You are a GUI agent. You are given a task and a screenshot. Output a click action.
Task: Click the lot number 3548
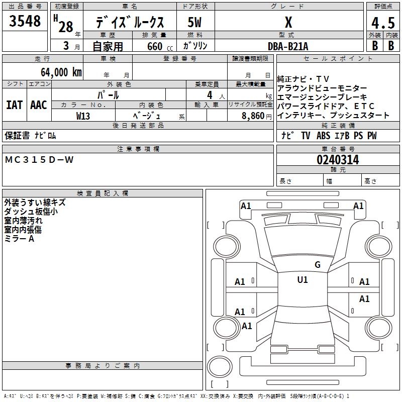[26, 22]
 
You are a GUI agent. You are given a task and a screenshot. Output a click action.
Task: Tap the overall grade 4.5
[381, 24]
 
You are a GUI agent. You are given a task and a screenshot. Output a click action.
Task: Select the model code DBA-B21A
[288, 46]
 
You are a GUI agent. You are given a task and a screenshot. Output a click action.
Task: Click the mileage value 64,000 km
[58, 72]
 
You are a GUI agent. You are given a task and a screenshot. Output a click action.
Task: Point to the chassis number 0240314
[338, 160]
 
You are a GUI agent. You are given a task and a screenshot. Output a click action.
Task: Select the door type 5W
[195, 23]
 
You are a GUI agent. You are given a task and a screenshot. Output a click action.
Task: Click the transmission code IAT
[14, 105]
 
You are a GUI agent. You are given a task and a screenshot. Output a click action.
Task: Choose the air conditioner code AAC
[39, 105]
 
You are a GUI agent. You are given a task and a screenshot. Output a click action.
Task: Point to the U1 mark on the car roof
[303, 280]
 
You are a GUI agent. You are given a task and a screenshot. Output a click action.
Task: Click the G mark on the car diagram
[318, 264]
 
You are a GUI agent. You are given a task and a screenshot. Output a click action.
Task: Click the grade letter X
[288, 23]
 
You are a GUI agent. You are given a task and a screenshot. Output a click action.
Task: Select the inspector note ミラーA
[19, 239]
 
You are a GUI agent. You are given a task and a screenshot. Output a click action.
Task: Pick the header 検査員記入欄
[103, 193]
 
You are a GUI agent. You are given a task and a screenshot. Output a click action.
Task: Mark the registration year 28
[66, 27]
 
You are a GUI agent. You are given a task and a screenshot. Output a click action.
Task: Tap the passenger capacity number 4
[209, 94]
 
